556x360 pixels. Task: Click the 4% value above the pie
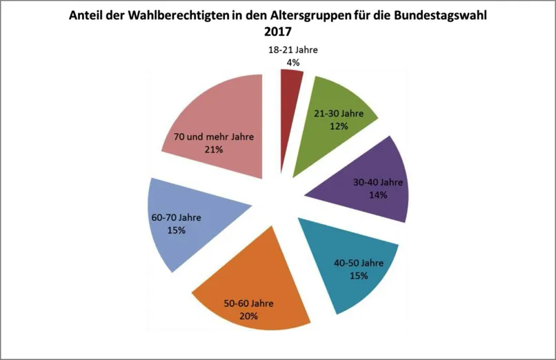[x=292, y=63]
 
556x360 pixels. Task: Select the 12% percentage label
[x=339, y=126]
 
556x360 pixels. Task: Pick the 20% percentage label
[x=248, y=317]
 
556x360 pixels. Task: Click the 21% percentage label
[x=214, y=149]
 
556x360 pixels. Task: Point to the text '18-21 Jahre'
[x=292, y=50]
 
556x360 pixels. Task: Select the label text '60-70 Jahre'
[x=176, y=218]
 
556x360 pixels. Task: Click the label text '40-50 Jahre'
[x=358, y=263]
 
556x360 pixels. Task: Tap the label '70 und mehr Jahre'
[x=214, y=137]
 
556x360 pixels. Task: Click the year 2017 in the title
[x=278, y=32]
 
